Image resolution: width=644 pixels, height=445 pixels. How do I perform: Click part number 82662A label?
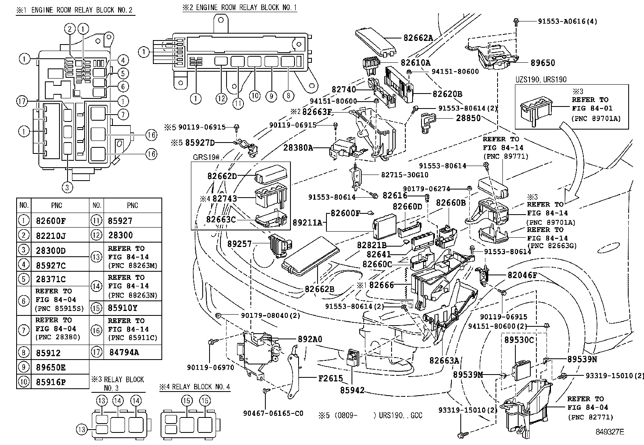[418, 38]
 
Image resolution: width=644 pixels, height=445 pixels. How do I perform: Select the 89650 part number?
[543, 63]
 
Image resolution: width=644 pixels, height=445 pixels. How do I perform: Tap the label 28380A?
[298, 148]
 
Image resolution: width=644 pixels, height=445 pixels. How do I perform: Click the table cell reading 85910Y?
[123, 307]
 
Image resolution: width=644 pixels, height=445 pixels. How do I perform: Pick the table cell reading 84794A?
[124, 352]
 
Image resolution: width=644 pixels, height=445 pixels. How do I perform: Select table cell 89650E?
[51, 368]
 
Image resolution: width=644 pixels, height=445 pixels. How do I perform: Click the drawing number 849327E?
[609, 432]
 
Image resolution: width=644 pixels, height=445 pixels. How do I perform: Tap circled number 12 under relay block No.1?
[221, 98]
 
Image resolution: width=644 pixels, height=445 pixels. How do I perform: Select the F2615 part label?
[330, 379]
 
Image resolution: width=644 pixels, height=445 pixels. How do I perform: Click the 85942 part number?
[352, 390]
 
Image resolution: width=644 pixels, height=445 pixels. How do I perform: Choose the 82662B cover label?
[319, 289]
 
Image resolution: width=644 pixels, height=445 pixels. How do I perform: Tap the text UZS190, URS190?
[541, 80]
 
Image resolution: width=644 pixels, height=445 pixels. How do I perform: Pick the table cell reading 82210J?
[50, 235]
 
